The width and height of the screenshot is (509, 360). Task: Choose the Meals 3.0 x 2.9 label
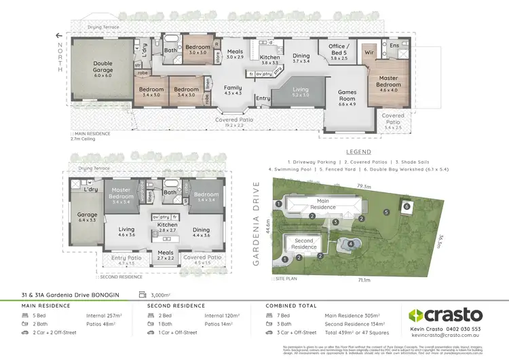[235, 54]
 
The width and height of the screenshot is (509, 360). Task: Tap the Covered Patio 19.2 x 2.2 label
[225, 122]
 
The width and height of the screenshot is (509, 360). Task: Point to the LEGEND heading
[358, 152]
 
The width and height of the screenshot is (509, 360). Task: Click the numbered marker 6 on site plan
[405, 206]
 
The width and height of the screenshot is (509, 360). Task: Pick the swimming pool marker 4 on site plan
[351, 243]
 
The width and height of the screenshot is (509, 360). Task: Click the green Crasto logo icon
[416, 315]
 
